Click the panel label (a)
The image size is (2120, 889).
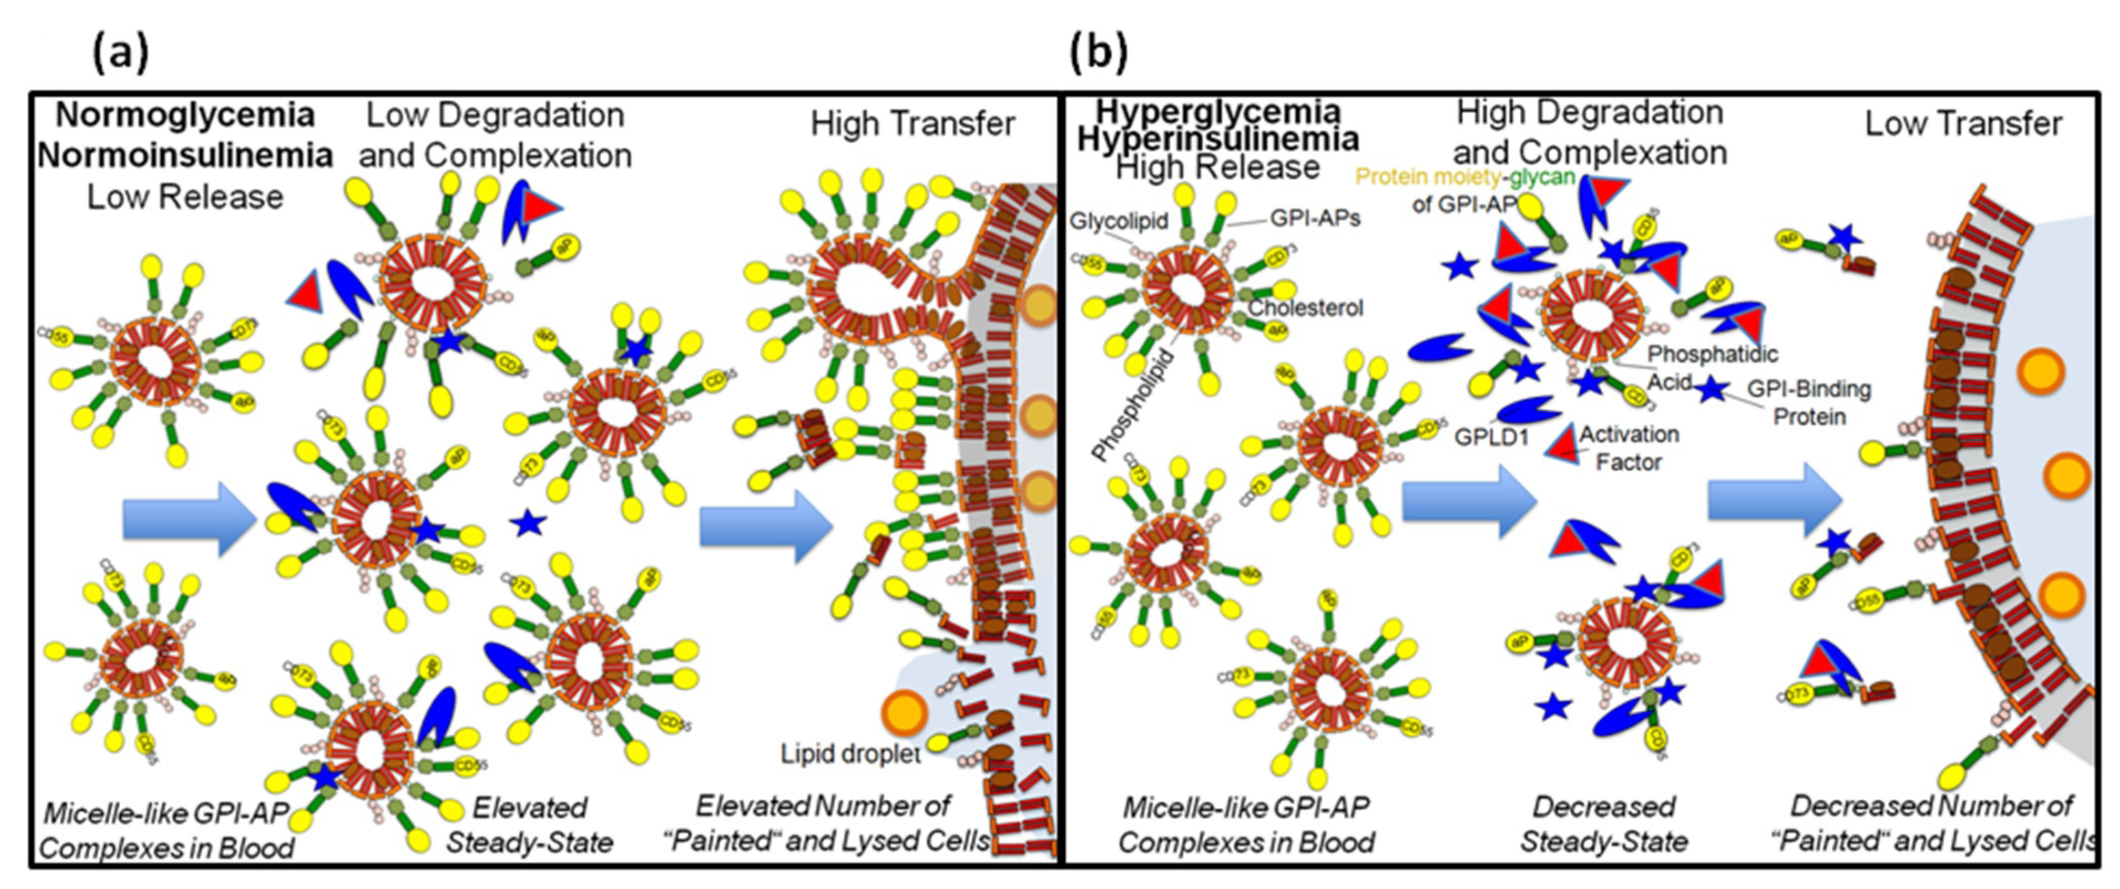[120, 54]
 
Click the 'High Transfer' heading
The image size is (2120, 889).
[912, 123]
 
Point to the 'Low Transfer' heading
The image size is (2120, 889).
[1963, 123]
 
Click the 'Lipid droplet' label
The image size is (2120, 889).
[850, 753]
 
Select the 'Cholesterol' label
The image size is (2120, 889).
[1305, 307]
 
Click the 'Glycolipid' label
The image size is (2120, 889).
[1118, 220]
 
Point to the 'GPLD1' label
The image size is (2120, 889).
[1491, 437]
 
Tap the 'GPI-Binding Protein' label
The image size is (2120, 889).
[1809, 402]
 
